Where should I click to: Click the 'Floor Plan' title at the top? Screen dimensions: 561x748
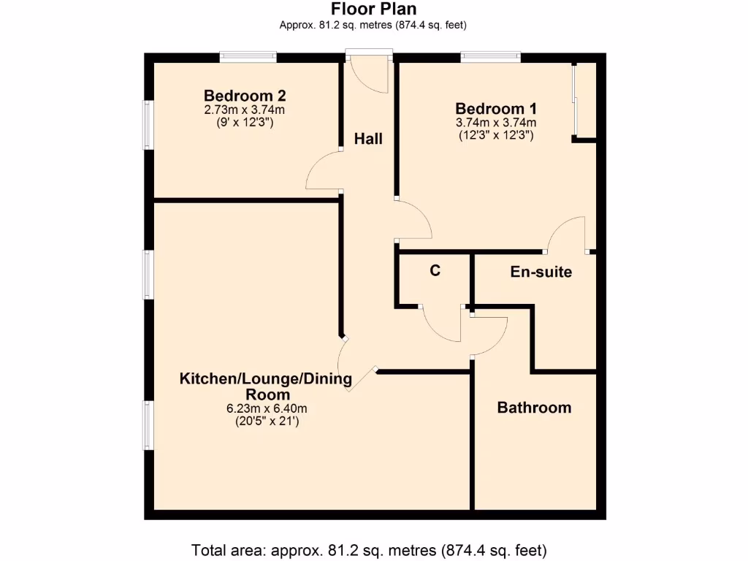tap(373, 9)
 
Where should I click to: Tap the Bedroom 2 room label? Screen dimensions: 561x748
tap(244, 96)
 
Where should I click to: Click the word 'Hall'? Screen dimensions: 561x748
tap(368, 139)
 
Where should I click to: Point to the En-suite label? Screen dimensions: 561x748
tap(540, 272)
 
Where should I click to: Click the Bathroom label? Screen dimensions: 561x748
tap(534, 408)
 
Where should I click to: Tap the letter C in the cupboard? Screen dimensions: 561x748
tap(435, 271)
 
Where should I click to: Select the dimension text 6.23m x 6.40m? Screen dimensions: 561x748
tap(266, 408)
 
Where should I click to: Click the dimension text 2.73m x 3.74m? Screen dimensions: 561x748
tap(244, 110)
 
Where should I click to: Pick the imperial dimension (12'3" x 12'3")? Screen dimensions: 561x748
tap(495, 135)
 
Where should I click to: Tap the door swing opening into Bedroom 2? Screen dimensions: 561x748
tap(323, 172)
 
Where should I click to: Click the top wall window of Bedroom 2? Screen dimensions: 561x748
tap(248, 56)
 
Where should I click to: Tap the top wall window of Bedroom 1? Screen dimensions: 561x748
tap(490, 56)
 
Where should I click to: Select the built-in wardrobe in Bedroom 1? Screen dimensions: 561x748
tap(585, 99)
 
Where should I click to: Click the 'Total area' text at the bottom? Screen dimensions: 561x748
tap(369, 549)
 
